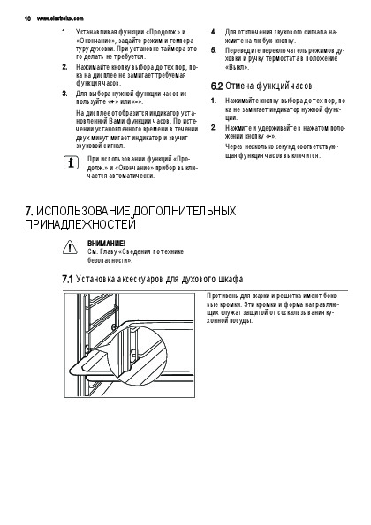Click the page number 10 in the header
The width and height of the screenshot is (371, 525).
pyautogui.click(x=27, y=19)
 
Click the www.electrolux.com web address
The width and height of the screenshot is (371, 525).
pyautogui.click(x=60, y=19)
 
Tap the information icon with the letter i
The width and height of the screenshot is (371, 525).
pyautogui.click(x=71, y=162)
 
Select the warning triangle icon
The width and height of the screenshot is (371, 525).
pyautogui.click(x=70, y=247)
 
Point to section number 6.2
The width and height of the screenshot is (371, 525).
pyautogui.click(x=216, y=86)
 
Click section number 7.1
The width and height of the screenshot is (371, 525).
pyautogui.click(x=67, y=279)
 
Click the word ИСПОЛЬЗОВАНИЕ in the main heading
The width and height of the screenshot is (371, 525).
pyautogui.click(x=83, y=211)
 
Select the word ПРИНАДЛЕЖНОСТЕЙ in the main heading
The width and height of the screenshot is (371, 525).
pyautogui.click(x=80, y=224)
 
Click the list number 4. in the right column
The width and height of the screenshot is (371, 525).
pyautogui.click(x=214, y=32)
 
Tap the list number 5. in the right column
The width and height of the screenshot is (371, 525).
pyautogui.click(x=214, y=50)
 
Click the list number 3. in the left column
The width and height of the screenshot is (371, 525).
pyautogui.click(x=64, y=94)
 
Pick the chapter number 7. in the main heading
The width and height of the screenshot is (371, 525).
pyautogui.click(x=29, y=211)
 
